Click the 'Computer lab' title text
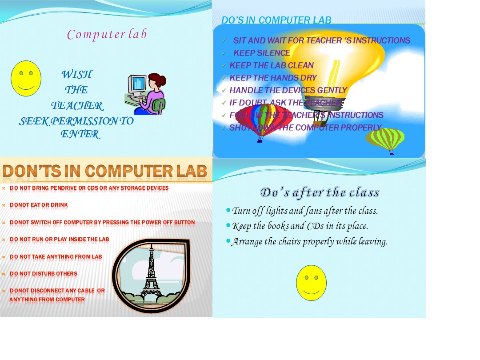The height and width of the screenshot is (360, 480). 107,35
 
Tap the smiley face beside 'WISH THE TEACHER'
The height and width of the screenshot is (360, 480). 26,79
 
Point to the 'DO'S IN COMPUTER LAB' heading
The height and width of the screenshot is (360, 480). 276,20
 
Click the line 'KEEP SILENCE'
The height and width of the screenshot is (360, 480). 261,53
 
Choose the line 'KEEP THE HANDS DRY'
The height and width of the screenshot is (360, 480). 273,78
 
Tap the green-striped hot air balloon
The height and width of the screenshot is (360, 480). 385,139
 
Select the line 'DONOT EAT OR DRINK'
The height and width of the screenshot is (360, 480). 39,205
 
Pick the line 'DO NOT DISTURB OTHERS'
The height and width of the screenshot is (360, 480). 43,274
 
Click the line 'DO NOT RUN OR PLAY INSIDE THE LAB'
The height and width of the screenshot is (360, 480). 59,239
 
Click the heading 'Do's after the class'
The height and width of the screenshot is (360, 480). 320,192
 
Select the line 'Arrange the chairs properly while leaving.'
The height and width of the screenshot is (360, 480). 310,242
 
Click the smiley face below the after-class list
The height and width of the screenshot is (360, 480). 311,283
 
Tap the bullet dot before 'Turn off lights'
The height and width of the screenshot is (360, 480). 228,210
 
